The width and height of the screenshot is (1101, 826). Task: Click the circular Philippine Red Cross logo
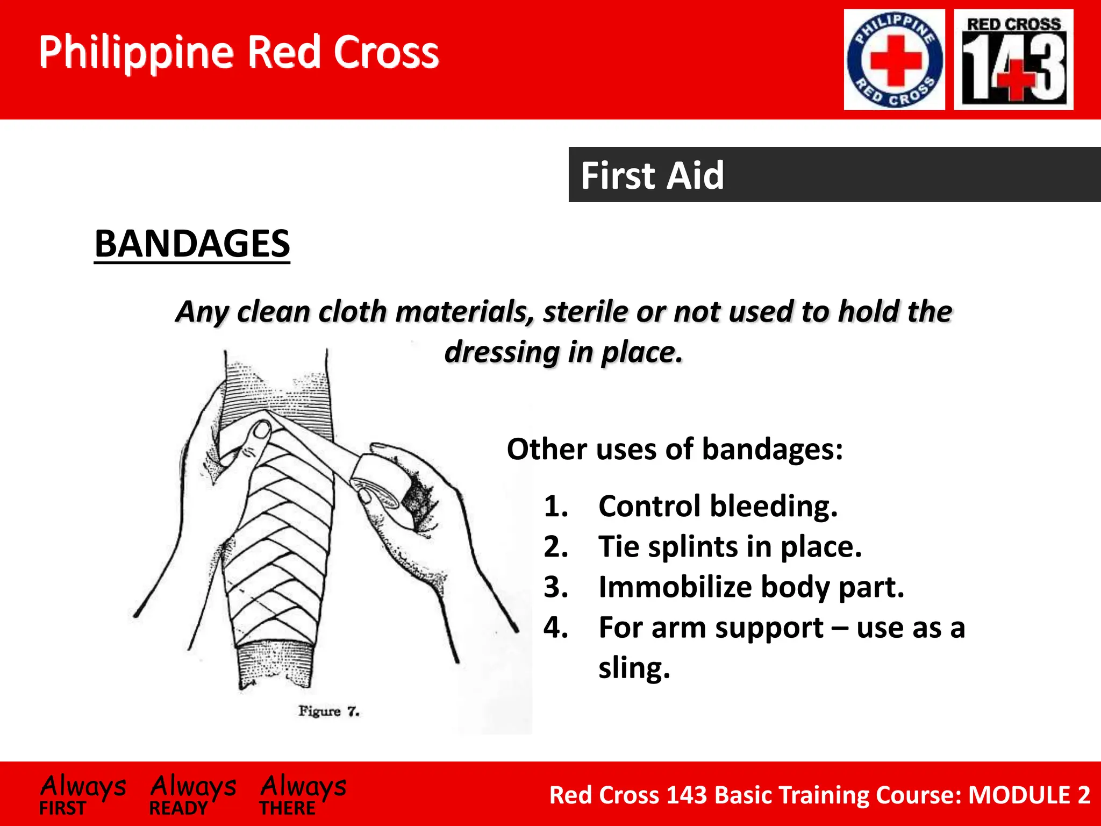(894, 60)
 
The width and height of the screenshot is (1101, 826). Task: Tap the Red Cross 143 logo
(1013, 60)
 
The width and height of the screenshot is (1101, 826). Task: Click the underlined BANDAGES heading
(192, 244)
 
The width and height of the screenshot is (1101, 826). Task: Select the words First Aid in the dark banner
(652, 175)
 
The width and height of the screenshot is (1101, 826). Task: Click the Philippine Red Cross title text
(239, 52)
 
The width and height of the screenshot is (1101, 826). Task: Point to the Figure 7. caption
(328, 711)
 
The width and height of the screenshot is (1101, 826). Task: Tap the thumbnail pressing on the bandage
(262, 430)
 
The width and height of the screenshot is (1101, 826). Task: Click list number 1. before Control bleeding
(555, 507)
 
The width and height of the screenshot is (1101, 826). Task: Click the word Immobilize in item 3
(674, 587)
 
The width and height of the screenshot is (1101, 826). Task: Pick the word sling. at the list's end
(634, 668)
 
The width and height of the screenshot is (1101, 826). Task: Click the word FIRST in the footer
(62, 808)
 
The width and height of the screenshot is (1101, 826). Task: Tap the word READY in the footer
(178, 808)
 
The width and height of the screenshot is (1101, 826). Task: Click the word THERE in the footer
(288, 808)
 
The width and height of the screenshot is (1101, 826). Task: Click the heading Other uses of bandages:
(675, 449)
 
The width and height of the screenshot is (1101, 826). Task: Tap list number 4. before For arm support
(555, 628)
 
